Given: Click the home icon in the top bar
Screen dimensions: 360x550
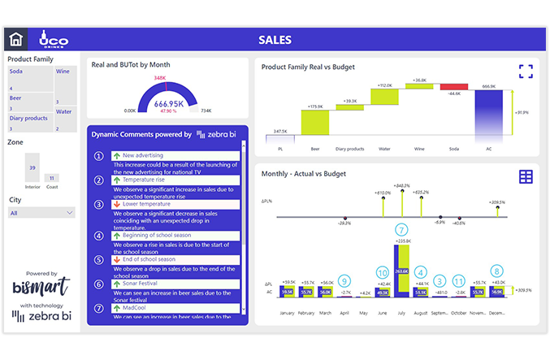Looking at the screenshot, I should point(15,39).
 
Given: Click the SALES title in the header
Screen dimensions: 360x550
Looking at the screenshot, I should point(275,39).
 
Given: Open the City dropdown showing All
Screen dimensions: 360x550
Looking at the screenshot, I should point(41,213).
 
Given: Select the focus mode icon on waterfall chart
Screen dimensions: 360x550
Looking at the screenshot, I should point(526,72).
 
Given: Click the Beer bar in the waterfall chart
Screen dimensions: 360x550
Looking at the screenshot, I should point(314,123).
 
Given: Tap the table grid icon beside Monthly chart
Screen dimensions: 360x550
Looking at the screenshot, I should point(526,176).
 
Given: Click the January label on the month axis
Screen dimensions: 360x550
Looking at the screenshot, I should point(286,312).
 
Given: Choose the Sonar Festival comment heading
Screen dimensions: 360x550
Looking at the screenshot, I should point(142,284).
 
